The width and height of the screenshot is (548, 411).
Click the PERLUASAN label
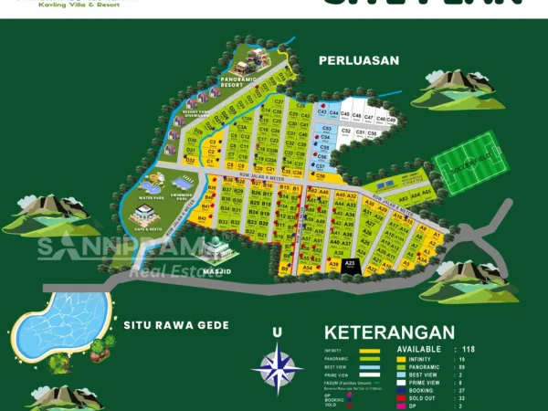click(x=359, y=60)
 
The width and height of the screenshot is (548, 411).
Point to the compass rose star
click(x=278, y=368)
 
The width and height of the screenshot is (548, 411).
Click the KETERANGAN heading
click(x=389, y=332)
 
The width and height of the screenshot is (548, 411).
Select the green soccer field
click(x=469, y=163)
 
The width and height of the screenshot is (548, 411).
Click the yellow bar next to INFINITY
click(x=369, y=350)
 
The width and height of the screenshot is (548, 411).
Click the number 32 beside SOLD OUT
click(x=462, y=397)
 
